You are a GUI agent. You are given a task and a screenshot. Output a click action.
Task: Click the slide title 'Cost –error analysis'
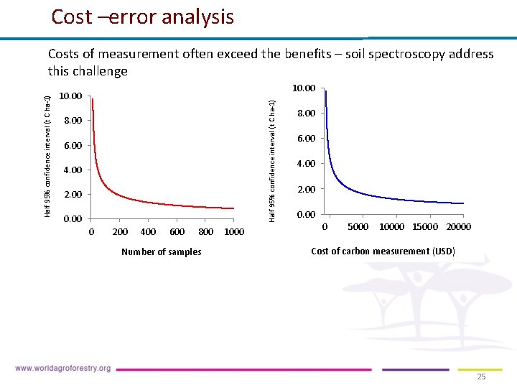tap(142, 17)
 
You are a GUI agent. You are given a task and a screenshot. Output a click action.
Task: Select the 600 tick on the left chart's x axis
tap(177, 232)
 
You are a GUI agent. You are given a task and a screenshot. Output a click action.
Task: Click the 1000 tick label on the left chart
tap(234, 232)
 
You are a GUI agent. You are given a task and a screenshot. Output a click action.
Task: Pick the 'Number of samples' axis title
tap(162, 252)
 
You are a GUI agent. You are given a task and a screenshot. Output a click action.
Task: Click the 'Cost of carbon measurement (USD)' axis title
tap(383, 251)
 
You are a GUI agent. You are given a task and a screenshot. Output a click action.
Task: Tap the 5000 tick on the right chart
tap(358, 227)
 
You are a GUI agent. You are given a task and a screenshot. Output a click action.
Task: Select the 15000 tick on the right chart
tap(425, 227)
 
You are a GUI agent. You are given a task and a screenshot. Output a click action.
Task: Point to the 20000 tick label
tap(458, 227)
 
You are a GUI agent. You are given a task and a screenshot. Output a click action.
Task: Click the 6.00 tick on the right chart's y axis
tap(306, 138)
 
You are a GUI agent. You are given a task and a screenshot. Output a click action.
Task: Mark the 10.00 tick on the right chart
tap(304, 88)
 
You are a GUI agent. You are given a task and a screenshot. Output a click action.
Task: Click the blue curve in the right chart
tap(359, 193)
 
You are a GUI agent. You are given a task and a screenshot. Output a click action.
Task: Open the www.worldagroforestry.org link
tap(62, 369)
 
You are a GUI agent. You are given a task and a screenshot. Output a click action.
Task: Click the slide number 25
tap(481, 377)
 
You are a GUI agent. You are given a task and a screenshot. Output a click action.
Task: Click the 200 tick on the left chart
tap(121, 232)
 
